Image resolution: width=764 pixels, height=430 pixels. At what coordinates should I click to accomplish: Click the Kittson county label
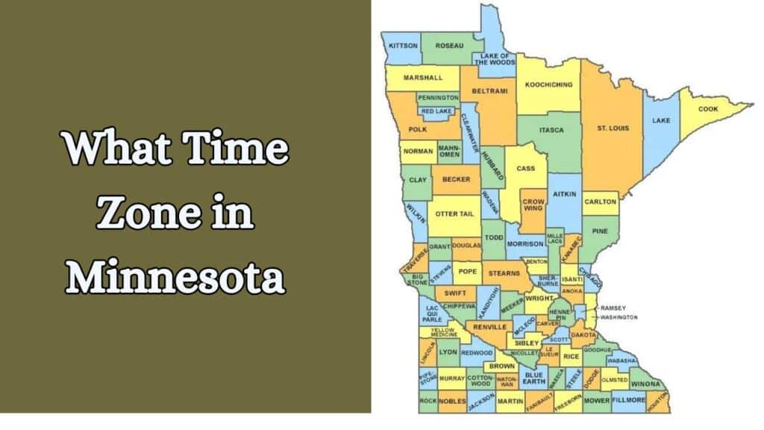click(x=404, y=46)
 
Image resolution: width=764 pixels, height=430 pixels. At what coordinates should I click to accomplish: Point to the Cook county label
click(x=708, y=109)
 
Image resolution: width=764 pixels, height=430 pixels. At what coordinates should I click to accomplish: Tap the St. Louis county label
click(x=613, y=128)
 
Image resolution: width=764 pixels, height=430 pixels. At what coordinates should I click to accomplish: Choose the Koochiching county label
click(x=548, y=84)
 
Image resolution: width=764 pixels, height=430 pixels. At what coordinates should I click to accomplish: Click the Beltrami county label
click(x=489, y=91)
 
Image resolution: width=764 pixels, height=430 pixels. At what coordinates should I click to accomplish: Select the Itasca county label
click(x=551, y=130)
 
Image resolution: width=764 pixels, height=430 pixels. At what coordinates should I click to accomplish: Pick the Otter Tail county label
click(x=454, y=214)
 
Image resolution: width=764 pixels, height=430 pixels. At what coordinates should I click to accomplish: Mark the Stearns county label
click(x=505, y=273)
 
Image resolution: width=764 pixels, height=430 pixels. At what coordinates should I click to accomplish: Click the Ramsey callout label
click(x=613, y=308)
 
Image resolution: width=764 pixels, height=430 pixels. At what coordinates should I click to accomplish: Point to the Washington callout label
click(x=619, y=317)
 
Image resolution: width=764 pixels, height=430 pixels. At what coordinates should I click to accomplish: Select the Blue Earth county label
click(x=534, y=378)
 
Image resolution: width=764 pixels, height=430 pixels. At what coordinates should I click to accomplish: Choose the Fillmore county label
click(x=629, y=401)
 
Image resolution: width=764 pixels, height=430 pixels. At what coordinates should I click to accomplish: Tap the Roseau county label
click(x=449, y=46)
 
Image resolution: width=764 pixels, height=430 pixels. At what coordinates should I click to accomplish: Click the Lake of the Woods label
click(x=498, y=59)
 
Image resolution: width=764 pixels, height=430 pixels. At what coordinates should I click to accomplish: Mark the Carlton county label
click(x=601, y=202)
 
